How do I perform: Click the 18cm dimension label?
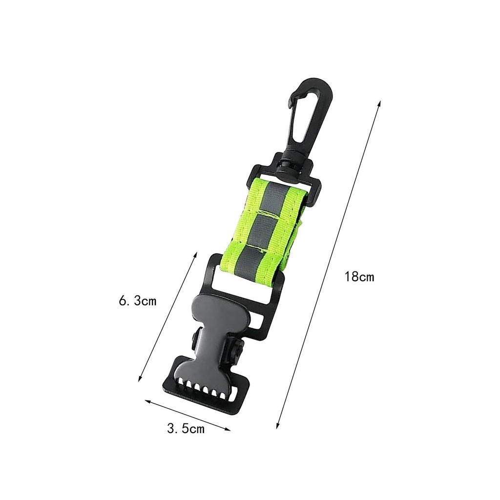[x=359, y=276]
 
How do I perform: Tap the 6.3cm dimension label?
[x=138, y=300]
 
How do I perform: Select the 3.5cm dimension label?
[x=186, y=429]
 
